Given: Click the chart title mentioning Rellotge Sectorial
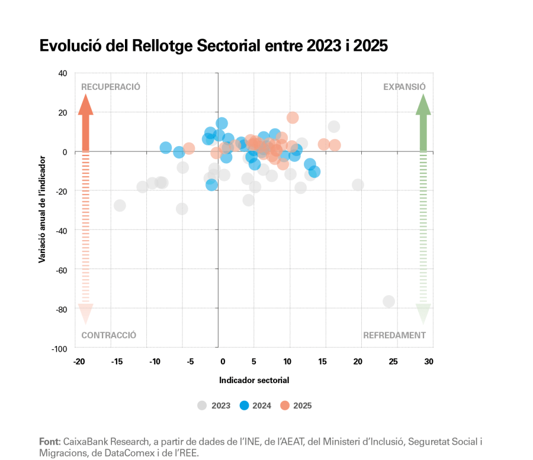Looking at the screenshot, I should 213,46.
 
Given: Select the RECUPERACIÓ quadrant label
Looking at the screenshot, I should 110,86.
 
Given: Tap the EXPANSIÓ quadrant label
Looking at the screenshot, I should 404,86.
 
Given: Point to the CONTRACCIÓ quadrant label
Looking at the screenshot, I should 109,335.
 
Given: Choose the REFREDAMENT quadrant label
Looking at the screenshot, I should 394,335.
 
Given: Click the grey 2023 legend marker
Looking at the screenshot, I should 202,406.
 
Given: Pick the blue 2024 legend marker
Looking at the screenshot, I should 243,406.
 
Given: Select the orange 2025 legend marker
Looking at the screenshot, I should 285,406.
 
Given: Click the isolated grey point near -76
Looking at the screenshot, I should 388,302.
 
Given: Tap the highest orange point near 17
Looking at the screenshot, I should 293,118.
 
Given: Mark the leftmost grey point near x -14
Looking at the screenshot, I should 120,205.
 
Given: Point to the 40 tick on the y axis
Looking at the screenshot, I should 63,73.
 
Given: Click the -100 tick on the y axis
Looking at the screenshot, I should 59,349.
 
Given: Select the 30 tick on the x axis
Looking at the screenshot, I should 429,362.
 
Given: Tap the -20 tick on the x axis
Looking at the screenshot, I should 79,362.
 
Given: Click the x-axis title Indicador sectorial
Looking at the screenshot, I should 254,380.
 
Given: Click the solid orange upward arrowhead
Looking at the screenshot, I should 86,105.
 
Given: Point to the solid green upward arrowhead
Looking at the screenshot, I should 423,105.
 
